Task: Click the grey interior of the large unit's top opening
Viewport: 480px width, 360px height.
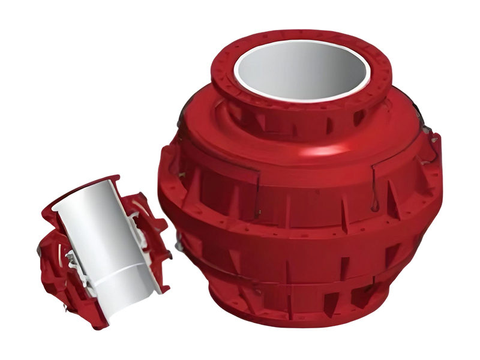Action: click(x=300, y=69)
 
